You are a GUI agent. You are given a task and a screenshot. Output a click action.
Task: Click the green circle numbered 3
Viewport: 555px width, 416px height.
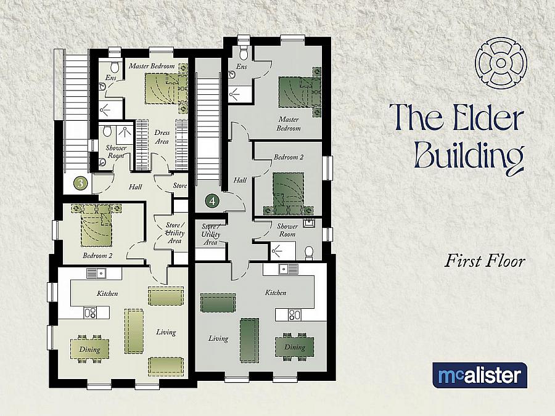tap(81, 182)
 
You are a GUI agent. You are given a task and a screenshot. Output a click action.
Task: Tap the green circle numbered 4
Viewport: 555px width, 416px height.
tap(212, 200)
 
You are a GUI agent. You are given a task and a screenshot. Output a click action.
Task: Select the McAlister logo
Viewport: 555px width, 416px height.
tap(480, 375)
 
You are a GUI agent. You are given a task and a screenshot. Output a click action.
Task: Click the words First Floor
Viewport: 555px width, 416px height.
tap(485, 261)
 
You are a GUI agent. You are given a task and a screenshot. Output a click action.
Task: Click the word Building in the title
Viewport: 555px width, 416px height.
tap(470, 155)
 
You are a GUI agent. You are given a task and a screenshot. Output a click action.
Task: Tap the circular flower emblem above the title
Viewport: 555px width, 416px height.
tap(501, 63)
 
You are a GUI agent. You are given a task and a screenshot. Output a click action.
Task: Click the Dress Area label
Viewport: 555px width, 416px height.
tap(162, 137)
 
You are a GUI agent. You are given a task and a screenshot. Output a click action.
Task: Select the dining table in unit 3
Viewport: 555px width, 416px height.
tap(89, 349)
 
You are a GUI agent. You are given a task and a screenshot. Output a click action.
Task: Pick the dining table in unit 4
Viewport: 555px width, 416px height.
tap(294, 346)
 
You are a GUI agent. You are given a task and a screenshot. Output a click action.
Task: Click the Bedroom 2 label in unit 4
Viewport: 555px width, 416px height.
tap(289, 158)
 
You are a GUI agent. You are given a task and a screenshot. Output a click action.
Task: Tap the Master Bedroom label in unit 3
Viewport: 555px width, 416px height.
tap(152, 66)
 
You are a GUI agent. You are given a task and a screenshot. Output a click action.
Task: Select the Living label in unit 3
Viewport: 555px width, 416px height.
tap(166, 332)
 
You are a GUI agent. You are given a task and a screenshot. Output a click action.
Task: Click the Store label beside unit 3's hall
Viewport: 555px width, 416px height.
tap(179, 185)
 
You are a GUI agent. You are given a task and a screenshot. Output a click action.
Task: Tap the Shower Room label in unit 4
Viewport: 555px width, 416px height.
tap(287, 230)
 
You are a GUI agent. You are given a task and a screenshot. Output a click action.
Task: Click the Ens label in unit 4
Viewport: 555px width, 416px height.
tap(242, 67)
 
